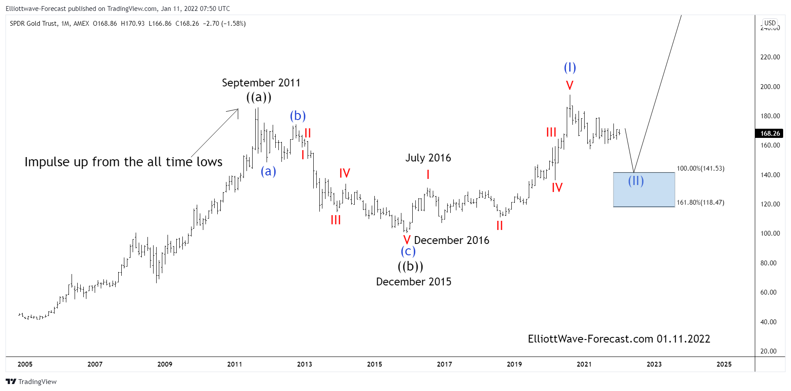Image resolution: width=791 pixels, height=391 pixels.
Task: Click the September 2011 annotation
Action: (x=261, y=83)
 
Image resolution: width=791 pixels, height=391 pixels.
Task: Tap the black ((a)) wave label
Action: (x=259, y=97)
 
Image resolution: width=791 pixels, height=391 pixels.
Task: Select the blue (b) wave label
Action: (x=298, y=116)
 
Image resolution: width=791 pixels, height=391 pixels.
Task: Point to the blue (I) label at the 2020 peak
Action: (x=570, y=68)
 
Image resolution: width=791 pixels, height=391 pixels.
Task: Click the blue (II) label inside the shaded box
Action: (x=636, y=181)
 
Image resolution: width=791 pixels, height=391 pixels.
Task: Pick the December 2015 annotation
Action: (x=414, y=282)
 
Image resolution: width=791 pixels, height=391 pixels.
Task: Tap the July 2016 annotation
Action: (x=428, y=158)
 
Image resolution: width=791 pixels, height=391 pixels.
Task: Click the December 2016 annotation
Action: (x=452, y=240)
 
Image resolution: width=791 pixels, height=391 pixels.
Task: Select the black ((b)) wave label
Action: (x=410, y=266)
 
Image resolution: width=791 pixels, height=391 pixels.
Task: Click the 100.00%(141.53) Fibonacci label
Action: (x=700, y=168)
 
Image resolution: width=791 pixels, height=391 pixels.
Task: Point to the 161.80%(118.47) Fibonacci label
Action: (x=700, y=202)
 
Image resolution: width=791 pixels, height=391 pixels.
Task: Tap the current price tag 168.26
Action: (x=770, y=134)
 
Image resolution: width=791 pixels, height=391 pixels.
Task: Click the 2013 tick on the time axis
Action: (x=305, y=364)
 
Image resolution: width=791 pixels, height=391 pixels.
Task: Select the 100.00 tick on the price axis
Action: (x=770, y=233)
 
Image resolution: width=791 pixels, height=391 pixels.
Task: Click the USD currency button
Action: (x=770, y=23)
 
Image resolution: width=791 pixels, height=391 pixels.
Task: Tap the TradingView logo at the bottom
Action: (x=31, y=382)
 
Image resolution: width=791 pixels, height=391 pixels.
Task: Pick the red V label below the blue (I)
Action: (x=569, y=86)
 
